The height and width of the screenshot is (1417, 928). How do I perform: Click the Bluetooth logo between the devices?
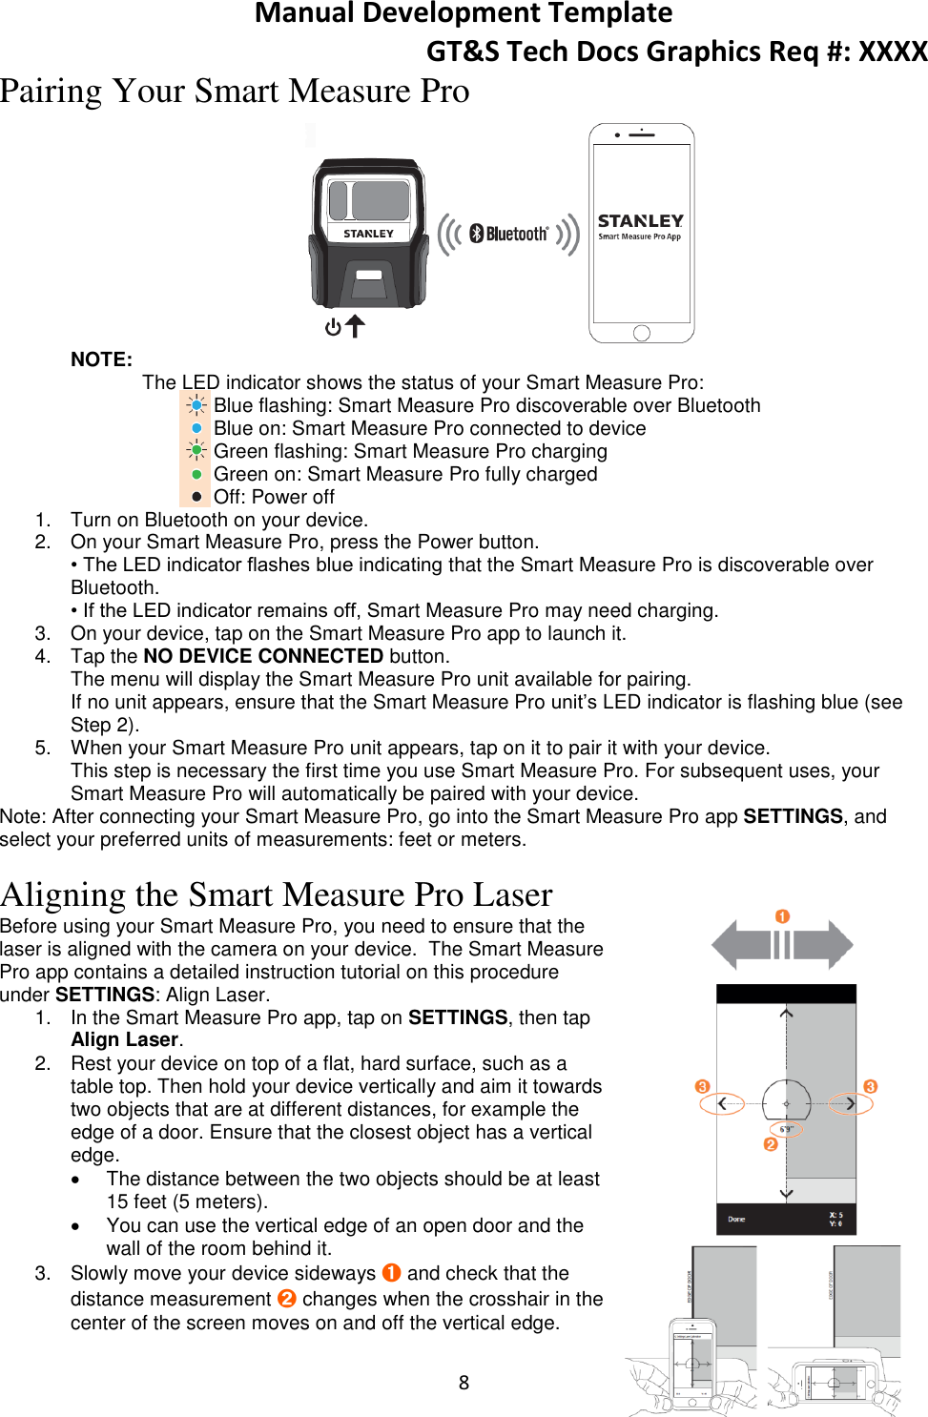click(508, 234)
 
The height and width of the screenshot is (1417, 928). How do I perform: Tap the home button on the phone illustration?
click(641, 333)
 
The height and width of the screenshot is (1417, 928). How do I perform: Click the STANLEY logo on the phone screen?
click(640, 221)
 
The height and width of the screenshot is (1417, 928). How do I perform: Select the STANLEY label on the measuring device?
click(368, 233)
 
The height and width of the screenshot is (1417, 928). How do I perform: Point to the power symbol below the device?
click(333, 327)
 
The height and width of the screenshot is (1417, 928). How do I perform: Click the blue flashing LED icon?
click(196, 405)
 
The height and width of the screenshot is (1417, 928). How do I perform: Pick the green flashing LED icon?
click(196, 451)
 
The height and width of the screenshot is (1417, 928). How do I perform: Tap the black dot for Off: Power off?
click(196, 497)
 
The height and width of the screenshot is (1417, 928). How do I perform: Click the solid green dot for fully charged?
click(196, 474)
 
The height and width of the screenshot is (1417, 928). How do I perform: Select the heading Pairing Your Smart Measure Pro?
click(235, 92)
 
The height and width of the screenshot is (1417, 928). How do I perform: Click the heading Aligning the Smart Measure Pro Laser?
click(277, 894)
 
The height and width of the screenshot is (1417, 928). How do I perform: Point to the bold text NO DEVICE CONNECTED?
click(263, 656)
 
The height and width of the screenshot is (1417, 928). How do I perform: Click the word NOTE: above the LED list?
click(101, 359)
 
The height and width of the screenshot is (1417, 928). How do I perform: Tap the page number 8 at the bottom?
click(464, 1383)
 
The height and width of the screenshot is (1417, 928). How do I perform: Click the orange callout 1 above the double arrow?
click(782, 916)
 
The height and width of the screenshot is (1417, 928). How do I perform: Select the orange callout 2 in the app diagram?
click(771, 1144)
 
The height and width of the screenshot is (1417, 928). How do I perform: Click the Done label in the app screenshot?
click(736, 1219)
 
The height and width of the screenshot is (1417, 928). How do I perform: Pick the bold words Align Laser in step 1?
click(124, 1039)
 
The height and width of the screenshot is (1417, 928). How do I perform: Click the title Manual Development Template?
click(464, 13)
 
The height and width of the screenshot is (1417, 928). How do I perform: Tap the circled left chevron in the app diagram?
click(722, 1103)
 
